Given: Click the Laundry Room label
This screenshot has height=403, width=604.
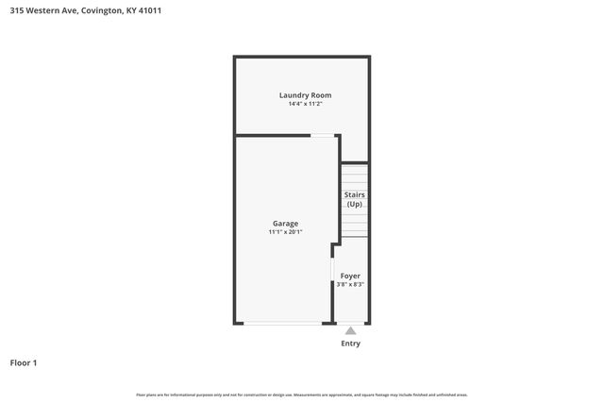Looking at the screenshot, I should point(305,94).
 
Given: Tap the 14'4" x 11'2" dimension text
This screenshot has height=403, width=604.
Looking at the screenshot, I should point(305,104).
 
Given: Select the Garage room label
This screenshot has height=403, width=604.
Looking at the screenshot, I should point(285,224).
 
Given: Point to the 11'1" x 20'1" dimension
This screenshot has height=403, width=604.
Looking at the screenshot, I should point(285,232).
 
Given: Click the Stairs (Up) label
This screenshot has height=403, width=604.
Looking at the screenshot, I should point(354,199).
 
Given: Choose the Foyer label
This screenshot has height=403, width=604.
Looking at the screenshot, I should point(350,276).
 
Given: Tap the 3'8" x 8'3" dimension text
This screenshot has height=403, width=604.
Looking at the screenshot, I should point(350,284).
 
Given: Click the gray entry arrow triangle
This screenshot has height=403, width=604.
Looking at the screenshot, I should point(350,330).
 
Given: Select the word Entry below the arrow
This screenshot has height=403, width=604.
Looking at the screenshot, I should point(350,344).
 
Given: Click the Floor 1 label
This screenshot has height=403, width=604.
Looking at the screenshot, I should point(24,362).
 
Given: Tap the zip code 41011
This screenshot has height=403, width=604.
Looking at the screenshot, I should point(162,11).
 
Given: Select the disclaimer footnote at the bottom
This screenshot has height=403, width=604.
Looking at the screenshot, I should point(302,395).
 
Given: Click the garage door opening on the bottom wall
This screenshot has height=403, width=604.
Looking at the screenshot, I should point(282,324).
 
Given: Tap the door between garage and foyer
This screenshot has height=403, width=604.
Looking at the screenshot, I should point(332,272).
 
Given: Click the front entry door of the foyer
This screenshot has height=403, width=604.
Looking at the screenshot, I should point(350,324).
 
